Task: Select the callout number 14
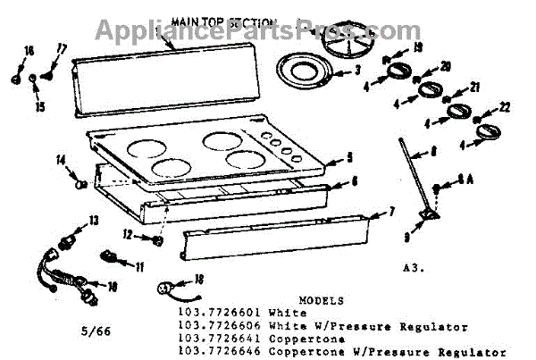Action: point(62,161)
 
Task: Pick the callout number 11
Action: point(139,265)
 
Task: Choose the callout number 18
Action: point(199,278)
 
